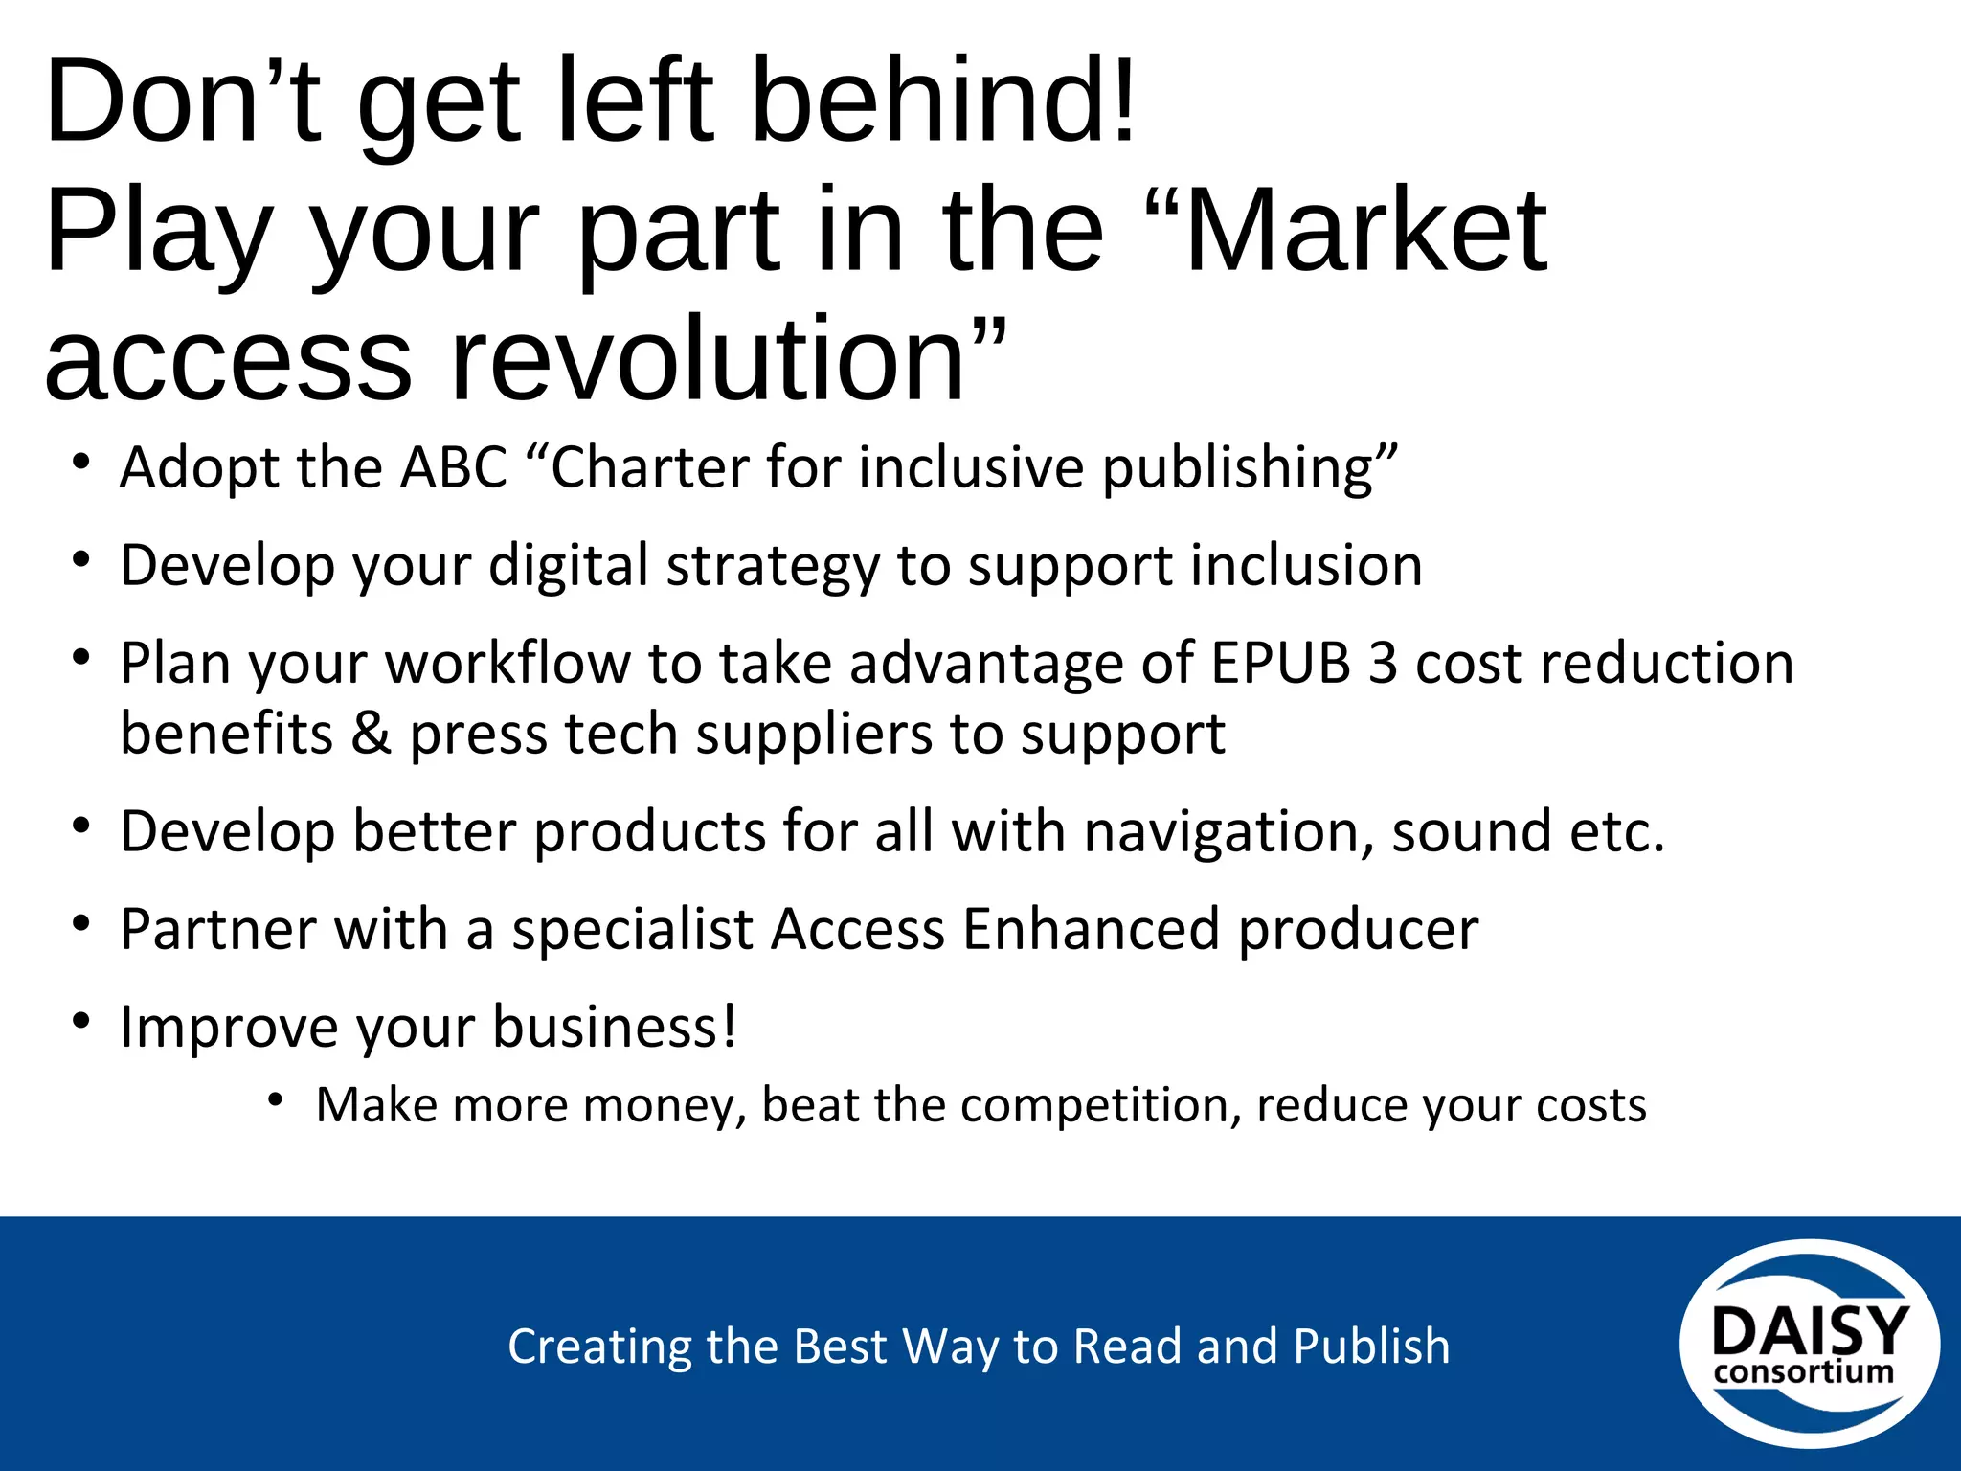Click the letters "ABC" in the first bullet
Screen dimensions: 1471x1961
[454, 468]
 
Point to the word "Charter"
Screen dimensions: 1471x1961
[651, 468]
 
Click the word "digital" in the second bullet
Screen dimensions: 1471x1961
[569, 566]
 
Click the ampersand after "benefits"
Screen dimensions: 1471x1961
[372, 735]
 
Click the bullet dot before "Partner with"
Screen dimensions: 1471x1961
[81, 924]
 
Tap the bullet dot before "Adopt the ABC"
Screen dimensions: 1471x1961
[81, 463]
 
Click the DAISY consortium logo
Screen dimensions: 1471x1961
[1809, 1344]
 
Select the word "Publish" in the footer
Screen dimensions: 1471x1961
[1371, 1347]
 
